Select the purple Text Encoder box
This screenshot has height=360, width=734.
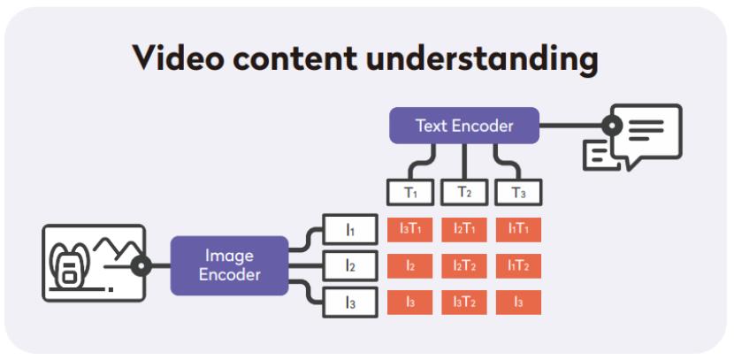(x=464, y=126)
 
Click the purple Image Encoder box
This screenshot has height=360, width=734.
(x=229, y=265)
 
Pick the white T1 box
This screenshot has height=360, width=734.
(x=410, y=192)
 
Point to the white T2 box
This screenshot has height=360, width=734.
(x=464, y=192)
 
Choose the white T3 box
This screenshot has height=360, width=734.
(x=518, y=192)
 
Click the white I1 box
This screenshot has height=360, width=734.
(x=350, y=229)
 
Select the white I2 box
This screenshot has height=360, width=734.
(x=350, y=266)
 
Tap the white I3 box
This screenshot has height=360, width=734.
(x=350, y=303)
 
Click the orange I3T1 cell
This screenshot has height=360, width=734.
(x=409, y=229)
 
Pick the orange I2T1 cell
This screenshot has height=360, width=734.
(x=464, y=229)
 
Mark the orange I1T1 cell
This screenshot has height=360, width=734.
(x=518, y=229)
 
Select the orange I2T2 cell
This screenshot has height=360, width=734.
(x=464, y=266)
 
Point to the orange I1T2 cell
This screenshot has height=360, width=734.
(x=518, y=266)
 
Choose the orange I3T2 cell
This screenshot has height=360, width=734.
(x=464, y=303)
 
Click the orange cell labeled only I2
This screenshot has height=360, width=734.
(x=409, y=266)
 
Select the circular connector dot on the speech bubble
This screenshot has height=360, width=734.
(x=612, y=126)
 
